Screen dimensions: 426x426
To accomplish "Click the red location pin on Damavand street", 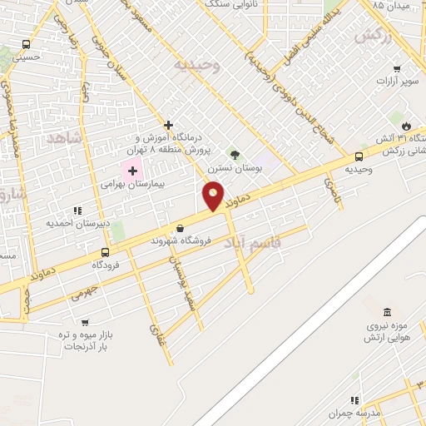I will (214, 196).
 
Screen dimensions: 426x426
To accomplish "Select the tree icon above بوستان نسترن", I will (235, 154).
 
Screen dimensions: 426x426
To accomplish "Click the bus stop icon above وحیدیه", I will (359, 156).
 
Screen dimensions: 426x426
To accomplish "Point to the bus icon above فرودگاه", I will (106, 252).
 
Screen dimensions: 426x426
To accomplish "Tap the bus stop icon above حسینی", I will (27, 45).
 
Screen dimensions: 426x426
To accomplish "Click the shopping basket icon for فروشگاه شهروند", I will (180, 228).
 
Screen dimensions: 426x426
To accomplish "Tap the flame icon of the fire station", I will (406, 124).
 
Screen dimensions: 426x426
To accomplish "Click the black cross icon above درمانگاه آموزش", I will (169, 125).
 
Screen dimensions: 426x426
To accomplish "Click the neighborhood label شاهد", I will (67, 138).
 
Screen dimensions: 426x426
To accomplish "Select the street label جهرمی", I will (84, 291).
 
